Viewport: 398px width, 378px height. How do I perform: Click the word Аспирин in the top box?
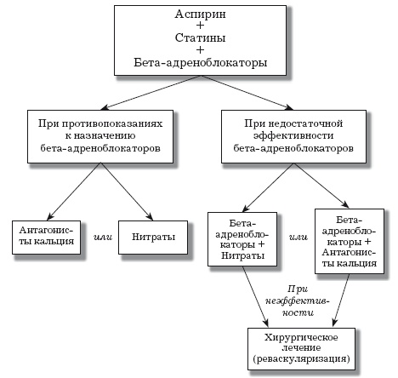[x=200, y=18]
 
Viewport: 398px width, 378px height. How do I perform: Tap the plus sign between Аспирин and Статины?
[x=200, y=29]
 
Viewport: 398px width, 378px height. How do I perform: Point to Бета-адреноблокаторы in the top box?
[x=200, y=64]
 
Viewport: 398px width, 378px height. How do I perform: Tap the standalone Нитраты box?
[x=153, y=234]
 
